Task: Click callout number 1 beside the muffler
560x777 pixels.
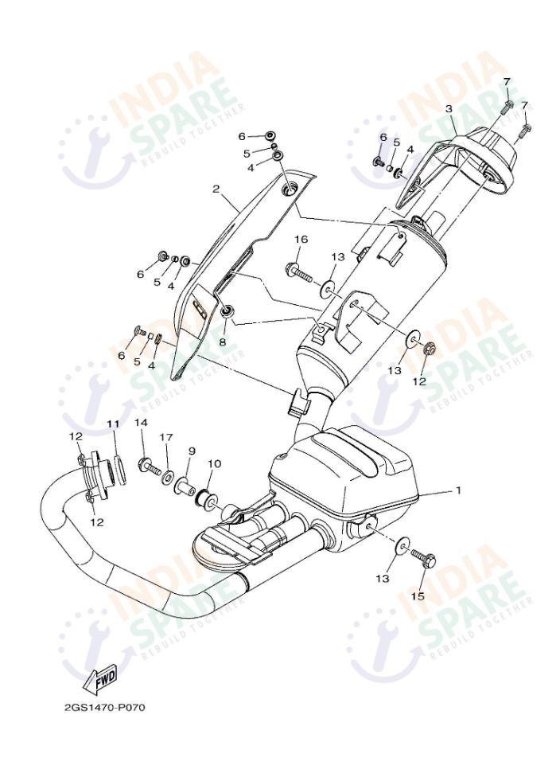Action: coord(458,490)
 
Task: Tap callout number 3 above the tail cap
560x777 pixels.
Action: coord(449,108)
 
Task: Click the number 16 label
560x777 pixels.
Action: coord(301,240)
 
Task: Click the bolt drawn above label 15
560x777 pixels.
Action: coord(422,560)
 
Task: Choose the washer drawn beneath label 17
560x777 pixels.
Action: coord(169,476)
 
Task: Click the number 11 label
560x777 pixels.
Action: coord(113,424)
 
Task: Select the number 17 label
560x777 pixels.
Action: coord(166,437)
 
